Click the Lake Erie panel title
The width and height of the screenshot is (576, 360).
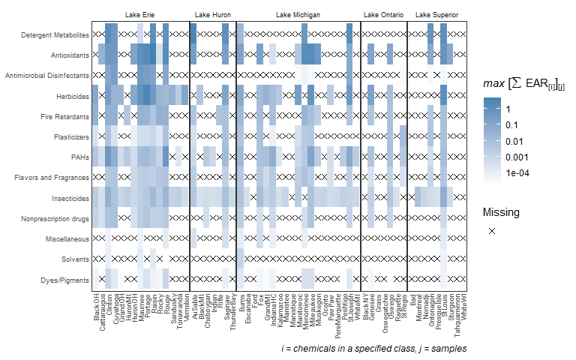pos(140,15)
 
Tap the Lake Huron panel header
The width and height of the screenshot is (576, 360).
pos(212,15)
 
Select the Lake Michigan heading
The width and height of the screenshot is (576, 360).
pos(298,15)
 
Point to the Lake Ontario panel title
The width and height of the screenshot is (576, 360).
pos(383,15)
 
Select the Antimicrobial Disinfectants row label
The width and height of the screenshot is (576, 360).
pos(47,76)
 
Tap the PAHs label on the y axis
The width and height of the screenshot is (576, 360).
pos(79,157)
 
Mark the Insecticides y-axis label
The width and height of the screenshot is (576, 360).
pos(69,198)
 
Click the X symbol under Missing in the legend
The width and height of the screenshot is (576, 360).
pos(492,232)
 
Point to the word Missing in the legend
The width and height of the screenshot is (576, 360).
pos(500,212)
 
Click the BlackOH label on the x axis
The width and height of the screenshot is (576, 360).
pos(96,310)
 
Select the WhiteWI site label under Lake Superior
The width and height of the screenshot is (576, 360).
pos(464,310)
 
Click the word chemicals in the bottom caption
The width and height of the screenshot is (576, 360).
pos(315,349)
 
